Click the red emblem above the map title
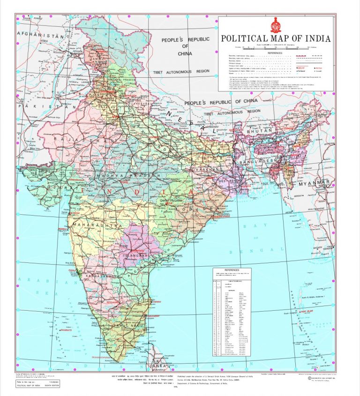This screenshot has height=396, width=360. (x=276, y=25)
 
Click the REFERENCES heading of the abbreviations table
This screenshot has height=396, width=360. (x=232, y=270)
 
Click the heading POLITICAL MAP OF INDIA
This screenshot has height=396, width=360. (x=275, y=38)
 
